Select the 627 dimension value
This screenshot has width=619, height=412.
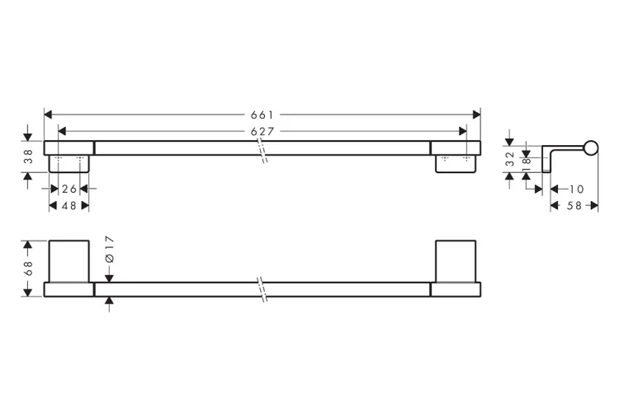(x=262, y=131)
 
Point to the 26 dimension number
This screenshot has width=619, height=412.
(x=69, y=189)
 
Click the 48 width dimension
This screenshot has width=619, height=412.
(x=69, y=205)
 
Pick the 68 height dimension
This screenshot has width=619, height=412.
(x=28, y=269)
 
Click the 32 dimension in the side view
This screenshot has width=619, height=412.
(x=509, y=159)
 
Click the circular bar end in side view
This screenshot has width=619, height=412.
(x=590, y=148)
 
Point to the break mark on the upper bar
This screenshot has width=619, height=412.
(x=263, y=150)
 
